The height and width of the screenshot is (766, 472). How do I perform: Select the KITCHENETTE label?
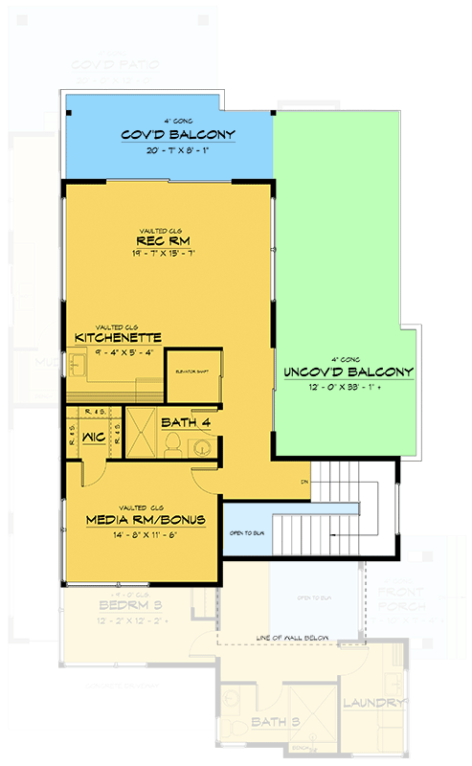click(x=118, y=337)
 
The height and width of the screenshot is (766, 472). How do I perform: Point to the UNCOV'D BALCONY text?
click(x=348, y=372)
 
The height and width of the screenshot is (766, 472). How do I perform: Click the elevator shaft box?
click(x=187, y=377)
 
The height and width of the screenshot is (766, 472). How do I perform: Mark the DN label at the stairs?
click(x=304, y=481)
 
